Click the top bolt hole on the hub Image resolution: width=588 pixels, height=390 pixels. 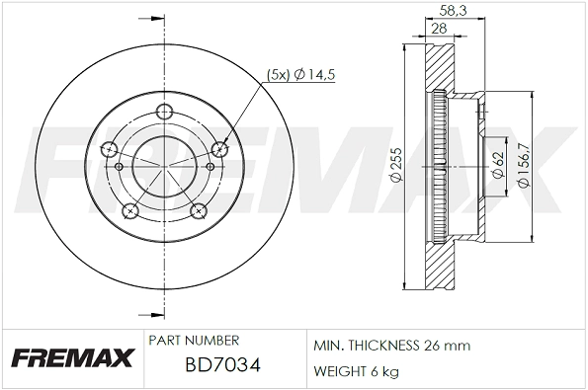point(165,114)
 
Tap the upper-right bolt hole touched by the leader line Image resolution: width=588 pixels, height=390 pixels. point(220,148)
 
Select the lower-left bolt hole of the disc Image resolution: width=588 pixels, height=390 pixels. point(130,209)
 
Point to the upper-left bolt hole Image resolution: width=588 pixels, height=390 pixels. point(109,148)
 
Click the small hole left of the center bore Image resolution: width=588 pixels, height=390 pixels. point(120,167)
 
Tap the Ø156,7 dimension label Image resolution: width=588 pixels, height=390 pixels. point(524,165)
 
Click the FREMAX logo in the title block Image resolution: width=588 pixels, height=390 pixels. point(72,358)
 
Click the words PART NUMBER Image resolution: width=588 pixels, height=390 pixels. point(193,340)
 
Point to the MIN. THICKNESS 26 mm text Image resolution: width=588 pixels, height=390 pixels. point(392,347)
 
